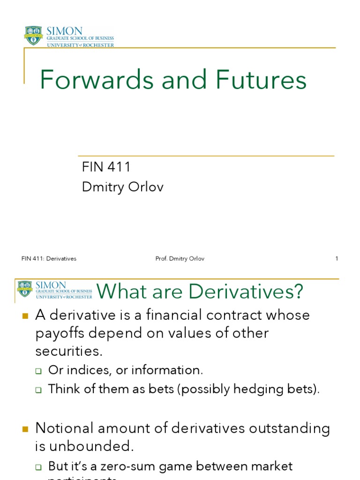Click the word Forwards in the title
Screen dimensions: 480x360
pos(96,80)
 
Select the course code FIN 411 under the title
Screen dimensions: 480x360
pos(106,167)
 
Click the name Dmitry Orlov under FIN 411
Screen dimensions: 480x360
pos(123,187)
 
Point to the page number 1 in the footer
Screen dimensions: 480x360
pos(337,259)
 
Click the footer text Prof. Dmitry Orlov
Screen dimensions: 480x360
pos(180,259)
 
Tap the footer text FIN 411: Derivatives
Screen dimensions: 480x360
pos(49,259)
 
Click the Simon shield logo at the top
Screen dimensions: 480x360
pos(33,36)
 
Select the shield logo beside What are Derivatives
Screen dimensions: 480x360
pos(25,289)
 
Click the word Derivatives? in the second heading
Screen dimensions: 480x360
pos(246,292)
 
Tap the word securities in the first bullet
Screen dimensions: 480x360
pos(68,351)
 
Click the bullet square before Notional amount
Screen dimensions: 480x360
pos(26,428)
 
